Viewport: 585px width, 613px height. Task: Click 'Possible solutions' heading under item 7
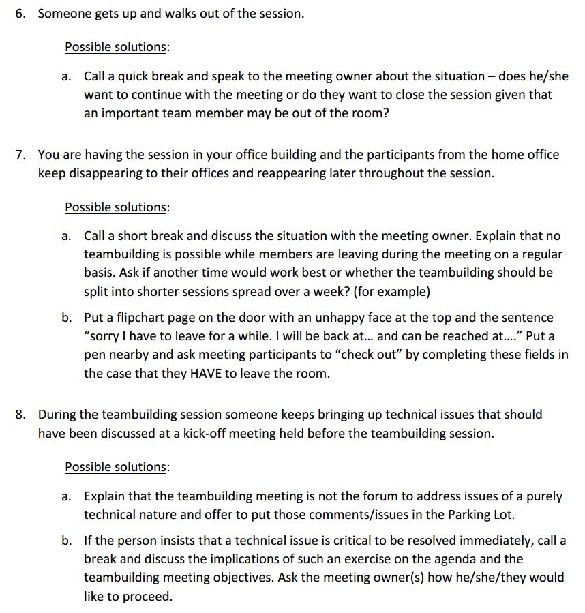(x=116, y=207)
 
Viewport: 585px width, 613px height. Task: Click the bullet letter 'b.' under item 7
(x=66, y=318)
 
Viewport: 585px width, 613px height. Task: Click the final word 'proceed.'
(x=149, y=596)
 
